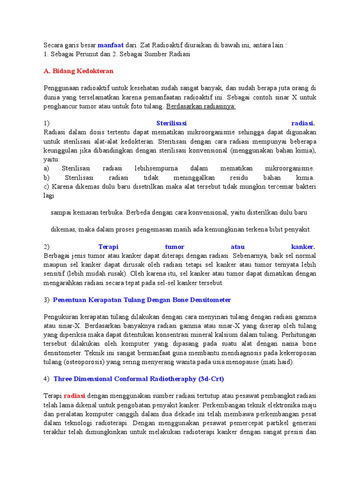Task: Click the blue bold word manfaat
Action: tap(111, 45)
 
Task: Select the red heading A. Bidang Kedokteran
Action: tap(79, 71)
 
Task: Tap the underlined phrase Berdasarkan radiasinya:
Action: tap(201, 106)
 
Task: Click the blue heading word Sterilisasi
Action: tap(171, 123)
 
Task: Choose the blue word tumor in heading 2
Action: tap(175, 247)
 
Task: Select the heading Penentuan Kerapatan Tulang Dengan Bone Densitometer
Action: tap(142, 300)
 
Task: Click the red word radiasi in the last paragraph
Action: tap(75, 395)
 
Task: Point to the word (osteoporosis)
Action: tap(82, 362)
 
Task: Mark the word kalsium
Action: tap(226, 335)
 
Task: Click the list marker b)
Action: tap(46, 178)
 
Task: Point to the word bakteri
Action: tap(306, 187)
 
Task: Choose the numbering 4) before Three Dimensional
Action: tap(46, 378)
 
